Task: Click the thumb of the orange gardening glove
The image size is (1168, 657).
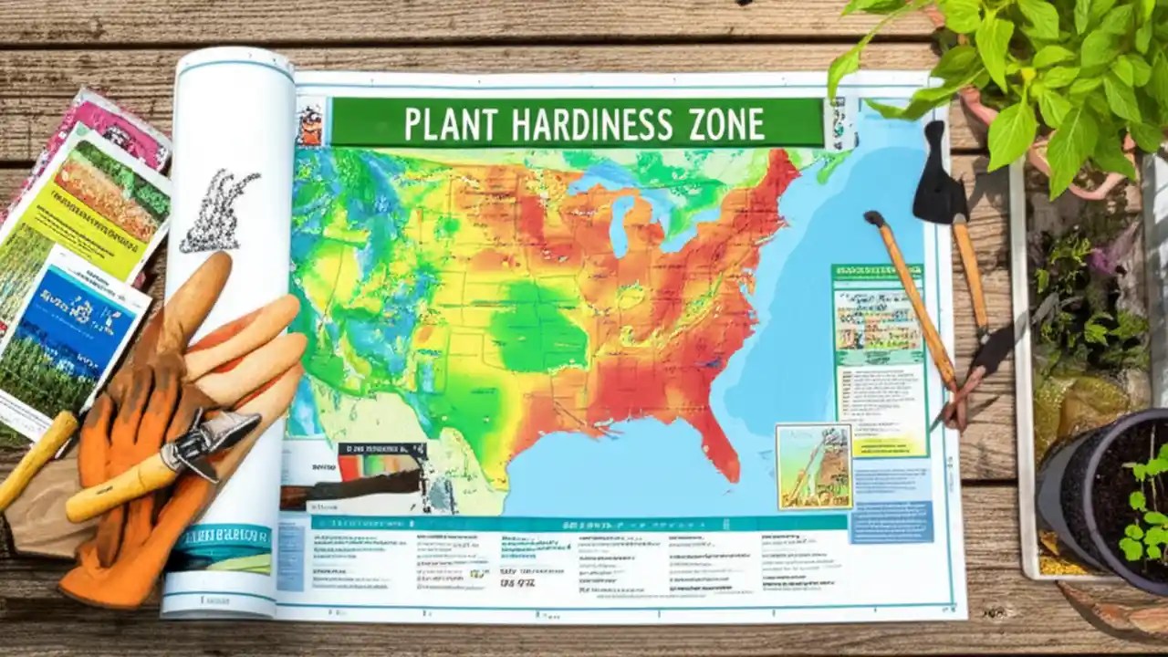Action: click(x=196, y=292)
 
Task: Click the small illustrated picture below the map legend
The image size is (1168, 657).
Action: click(x=813, y=465)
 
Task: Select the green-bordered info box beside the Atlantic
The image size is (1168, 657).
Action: click(x=878, y=360)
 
